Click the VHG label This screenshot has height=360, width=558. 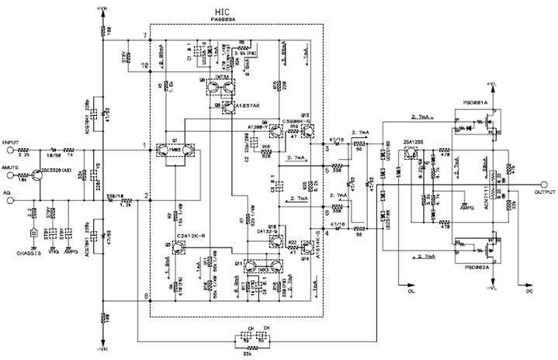(54, 252)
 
